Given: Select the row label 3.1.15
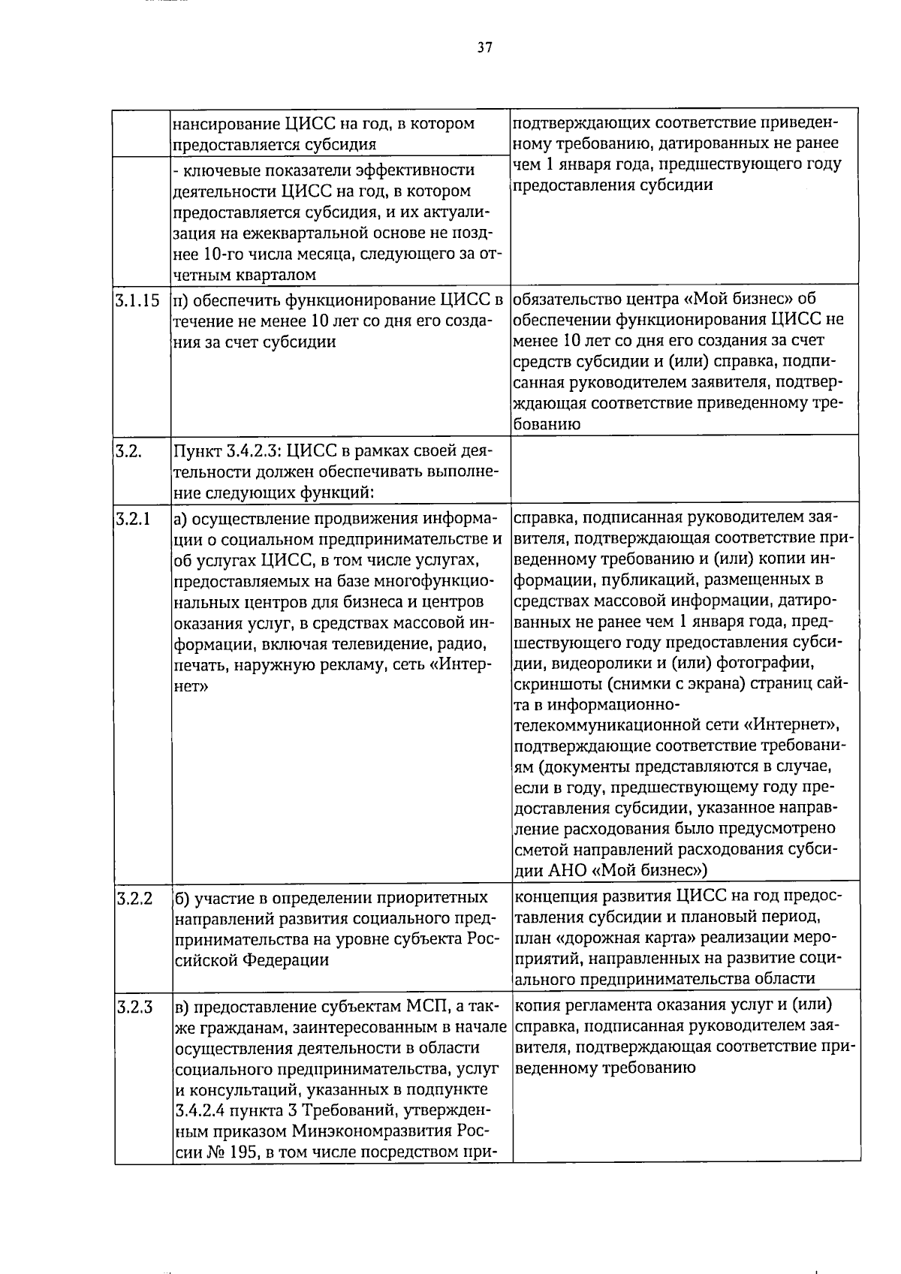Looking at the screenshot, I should tap(137, 301).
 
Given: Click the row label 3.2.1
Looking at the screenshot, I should tap(132, 518).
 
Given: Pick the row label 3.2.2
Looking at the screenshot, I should tap(134, 897).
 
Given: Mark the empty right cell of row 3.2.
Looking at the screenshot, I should tap(685, 469).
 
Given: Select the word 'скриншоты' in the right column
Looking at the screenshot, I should tap(556, 685).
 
